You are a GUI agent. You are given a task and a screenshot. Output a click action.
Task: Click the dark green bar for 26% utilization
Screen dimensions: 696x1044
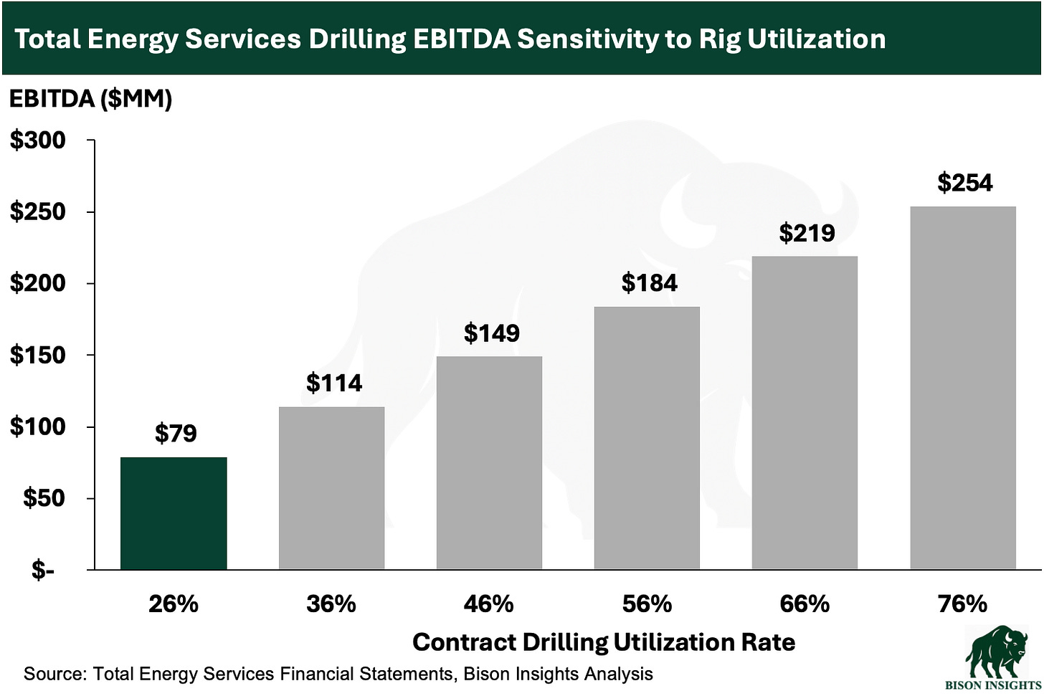coord(174,513)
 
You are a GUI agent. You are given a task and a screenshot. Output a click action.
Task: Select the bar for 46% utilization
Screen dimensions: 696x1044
coord(489,463)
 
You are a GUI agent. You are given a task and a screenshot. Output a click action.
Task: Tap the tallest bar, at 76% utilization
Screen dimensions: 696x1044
coord(962,388)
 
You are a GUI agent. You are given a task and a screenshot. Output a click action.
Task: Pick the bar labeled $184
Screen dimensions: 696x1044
coord(647,438)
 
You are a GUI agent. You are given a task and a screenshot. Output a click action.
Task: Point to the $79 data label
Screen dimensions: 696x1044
coord(176,433)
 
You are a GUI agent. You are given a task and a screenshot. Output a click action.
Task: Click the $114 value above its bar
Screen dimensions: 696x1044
coord(334,383)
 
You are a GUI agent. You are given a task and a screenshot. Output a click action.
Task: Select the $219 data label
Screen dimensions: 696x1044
coord(807,233)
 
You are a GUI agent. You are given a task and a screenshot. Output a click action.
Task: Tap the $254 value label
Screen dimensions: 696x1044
coord(964,183)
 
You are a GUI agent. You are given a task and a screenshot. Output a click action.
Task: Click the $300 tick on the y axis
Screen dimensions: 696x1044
coord(37,140)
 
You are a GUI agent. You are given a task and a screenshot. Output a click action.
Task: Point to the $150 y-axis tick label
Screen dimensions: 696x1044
coord(37,355)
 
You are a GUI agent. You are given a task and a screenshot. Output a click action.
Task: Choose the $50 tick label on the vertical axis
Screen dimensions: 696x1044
coord(44,498)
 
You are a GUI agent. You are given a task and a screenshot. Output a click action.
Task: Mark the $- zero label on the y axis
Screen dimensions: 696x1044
coord(43,571)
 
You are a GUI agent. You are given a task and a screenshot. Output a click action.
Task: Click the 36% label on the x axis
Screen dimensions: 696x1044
coord(331,604)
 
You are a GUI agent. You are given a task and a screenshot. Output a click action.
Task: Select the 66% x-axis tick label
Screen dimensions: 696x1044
coord(805,604)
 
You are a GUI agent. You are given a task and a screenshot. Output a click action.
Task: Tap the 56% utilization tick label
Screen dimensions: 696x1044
coord(647,604)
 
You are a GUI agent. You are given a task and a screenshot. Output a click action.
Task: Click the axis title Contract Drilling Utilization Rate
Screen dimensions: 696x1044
coord(604,642)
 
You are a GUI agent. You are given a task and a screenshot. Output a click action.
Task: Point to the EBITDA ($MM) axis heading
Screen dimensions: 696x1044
coord(90,99)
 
